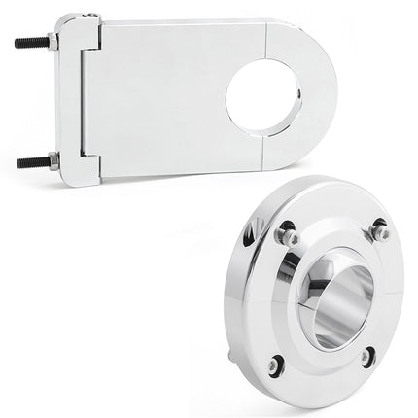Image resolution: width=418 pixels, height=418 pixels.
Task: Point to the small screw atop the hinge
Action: [x=89, y=17]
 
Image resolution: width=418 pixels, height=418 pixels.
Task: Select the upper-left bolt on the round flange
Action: [x=287, y=236]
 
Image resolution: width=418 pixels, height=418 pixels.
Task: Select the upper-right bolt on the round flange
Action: [x=381, y=233]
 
